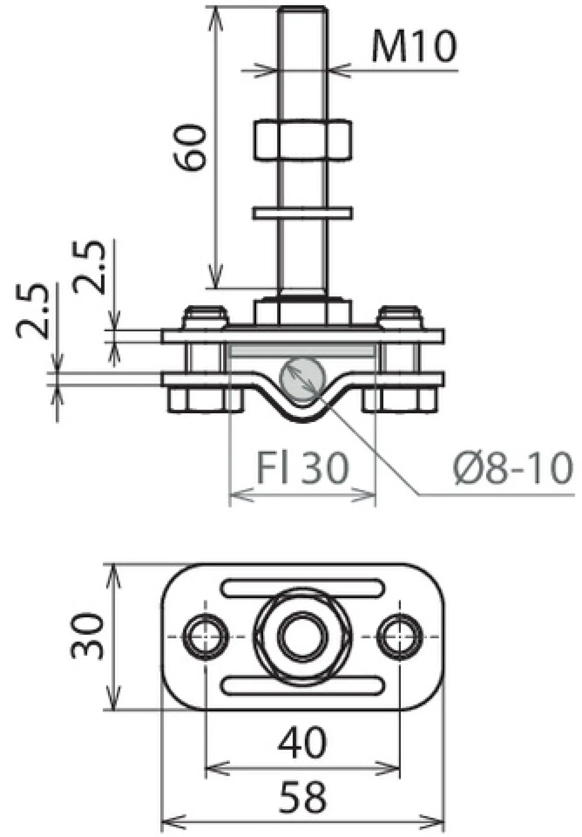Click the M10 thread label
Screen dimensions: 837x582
point(414,46)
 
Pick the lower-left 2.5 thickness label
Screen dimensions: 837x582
point(33,310)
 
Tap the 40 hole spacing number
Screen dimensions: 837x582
point(302,743)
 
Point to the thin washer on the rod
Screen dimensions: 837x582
point(302,213)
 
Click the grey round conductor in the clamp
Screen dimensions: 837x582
point(302,379)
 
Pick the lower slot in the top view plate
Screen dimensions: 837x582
point(302,685)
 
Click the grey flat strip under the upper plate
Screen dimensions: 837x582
point(302,351)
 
